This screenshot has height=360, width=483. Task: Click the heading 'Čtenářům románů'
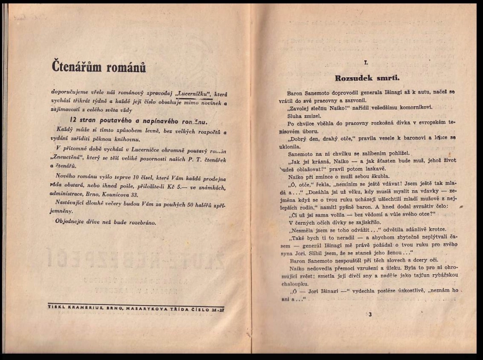pyautogui.click(x=99, y=67)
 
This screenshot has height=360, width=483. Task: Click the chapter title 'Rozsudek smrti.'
pyautogui.click(x=367, y=78)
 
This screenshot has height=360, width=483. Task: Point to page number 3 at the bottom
pyautogui.click(x=369, y=314)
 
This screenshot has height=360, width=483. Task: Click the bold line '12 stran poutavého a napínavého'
pyautogui.click(x=138, y=121)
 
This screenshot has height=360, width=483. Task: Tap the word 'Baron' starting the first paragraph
pyautogui.click(x=297, y=91)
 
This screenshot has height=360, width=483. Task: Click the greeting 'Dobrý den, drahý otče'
pyautogui.click(x=322, y=138)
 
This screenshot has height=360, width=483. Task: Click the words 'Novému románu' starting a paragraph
pyautogui.click(x=77, y=176)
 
